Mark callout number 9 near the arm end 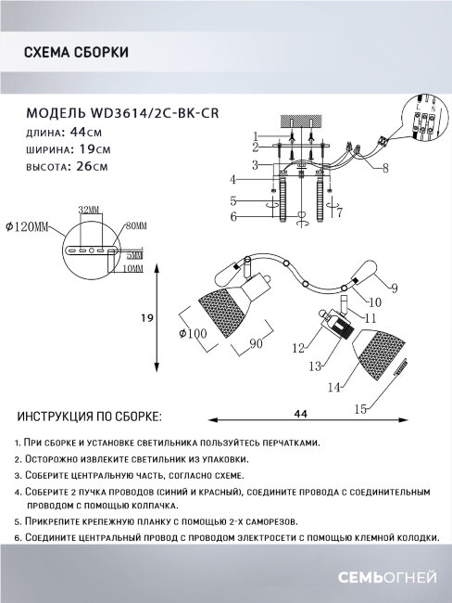(394, 288)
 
